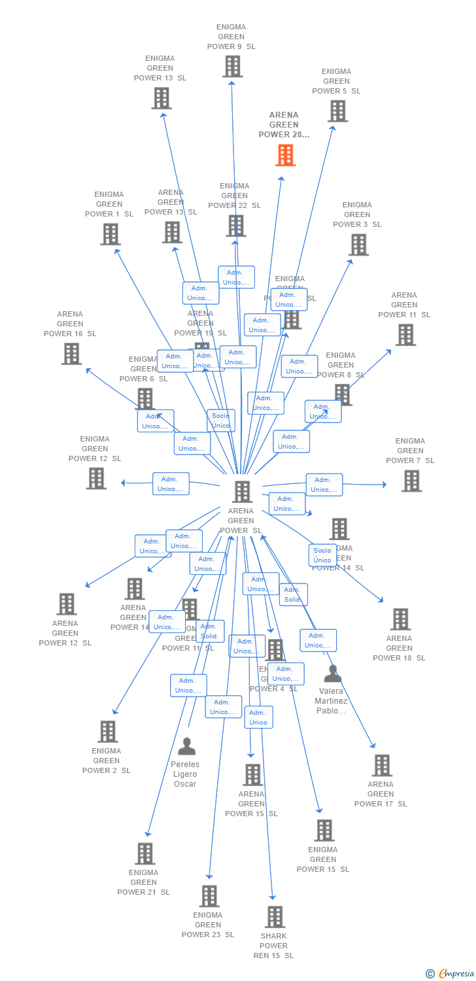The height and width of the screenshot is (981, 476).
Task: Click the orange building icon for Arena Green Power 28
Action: (285, 155)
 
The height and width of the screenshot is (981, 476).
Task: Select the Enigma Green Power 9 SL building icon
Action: (232, 66)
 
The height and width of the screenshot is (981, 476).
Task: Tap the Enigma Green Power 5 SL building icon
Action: (337, 111)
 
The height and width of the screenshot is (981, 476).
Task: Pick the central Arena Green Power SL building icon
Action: (242, 491)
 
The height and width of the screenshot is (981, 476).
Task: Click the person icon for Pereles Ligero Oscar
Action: (186, 746)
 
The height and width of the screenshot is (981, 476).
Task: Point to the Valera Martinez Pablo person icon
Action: (333, 673)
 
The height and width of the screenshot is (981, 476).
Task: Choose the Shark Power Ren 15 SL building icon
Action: (275, 917)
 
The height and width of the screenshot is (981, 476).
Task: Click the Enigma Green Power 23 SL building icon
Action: (209, 896)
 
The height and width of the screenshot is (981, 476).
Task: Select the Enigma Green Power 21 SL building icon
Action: (144, 853)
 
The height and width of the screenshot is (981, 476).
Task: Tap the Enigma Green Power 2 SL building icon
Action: (107, 731)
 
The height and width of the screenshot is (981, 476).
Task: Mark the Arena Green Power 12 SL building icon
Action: (66, 604)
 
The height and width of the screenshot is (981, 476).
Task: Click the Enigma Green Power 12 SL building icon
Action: (96, 478)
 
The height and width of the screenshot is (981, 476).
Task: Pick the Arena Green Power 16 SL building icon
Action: (71, 353)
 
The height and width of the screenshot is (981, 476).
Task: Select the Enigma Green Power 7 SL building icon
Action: (411, 481)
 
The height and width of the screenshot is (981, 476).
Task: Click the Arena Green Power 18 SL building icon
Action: (399, 619)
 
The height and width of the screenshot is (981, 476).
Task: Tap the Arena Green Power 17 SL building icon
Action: (381, 765)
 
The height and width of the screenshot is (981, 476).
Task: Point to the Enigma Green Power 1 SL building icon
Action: (110, 233)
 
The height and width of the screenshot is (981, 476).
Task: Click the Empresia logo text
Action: (456, 974)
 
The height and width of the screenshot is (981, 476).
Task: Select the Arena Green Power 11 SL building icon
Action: (405, 334)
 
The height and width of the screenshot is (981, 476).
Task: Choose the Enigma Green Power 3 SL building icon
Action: (358, 245)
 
